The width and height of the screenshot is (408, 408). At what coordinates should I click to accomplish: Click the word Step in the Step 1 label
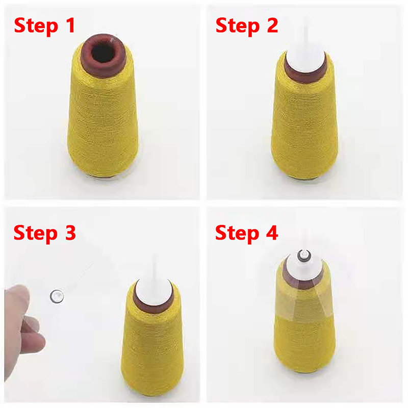point(36,27)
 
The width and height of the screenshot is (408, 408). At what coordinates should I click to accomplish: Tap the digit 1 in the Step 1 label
point(70,25)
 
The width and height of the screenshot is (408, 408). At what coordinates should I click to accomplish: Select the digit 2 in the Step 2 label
point(272,25)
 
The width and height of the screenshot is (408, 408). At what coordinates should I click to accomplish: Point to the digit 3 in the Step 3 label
point(70,233)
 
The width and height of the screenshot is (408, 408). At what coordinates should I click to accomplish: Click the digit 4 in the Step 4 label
point(272,233)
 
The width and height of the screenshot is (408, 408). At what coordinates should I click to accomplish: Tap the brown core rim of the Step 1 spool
point(104,70)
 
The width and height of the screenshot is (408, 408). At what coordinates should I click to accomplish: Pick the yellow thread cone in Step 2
point(304,125)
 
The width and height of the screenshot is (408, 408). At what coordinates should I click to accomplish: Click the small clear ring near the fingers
point(57,296)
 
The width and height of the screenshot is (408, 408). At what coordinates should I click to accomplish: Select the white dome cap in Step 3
point(154,291)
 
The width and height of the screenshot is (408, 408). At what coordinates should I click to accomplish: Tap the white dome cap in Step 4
point(303,269)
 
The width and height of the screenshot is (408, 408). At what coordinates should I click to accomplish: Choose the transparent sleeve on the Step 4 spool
point(304,297)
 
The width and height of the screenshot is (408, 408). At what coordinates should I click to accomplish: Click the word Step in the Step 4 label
point(237,234)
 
